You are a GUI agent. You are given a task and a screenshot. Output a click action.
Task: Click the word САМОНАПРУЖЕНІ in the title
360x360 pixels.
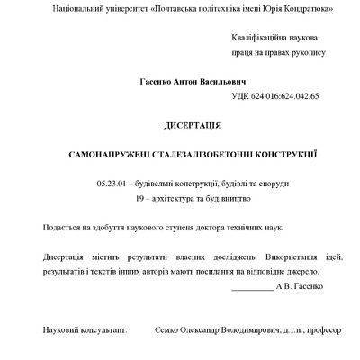(x=106, y=155)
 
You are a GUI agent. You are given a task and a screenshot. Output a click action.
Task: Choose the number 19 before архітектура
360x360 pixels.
(x=139, y=196)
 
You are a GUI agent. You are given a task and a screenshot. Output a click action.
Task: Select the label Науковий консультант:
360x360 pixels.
(x=85, y=331)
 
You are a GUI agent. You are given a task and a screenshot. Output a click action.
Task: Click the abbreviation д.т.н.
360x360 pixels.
(x=288, y=331)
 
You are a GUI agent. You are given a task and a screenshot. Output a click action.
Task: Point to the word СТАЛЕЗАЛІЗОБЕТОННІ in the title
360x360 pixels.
(x=187, y=155)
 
